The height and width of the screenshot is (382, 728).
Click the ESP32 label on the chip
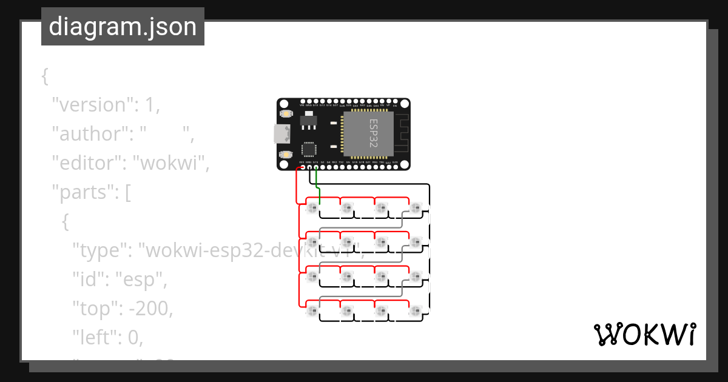click(373, 132)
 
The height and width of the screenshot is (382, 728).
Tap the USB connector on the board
click(281, 133)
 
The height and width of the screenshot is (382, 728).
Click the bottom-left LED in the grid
click(312, 312)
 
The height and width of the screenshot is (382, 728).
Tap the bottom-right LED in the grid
click(415, 312)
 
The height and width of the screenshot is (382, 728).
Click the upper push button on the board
click(285, 114)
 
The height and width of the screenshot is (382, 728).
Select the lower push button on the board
click(285, 155)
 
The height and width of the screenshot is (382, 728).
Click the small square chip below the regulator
click(309, 149)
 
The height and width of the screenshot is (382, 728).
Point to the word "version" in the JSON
click(91, 105)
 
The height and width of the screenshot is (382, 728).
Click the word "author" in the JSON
click(88, 134)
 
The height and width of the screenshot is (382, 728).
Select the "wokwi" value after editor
click(171, 163)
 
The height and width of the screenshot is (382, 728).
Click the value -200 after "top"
click(150, 309)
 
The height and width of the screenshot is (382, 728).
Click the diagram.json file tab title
click(123, 27)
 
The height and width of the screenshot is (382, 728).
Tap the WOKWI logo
click(644, 334)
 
